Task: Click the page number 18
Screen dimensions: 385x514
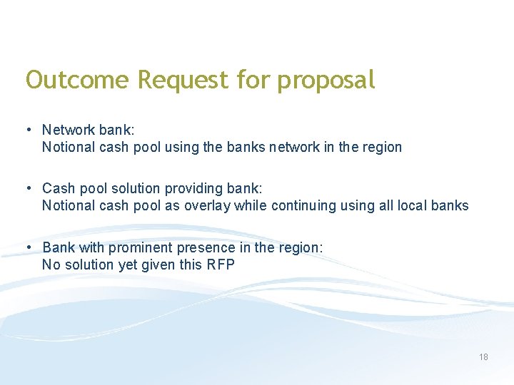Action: [483, 357]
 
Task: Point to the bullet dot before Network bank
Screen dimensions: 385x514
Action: [29, 130]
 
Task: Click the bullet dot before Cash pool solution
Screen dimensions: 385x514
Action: [29, 188]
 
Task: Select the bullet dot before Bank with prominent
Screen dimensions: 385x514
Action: [29, 247]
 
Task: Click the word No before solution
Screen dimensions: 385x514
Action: [51, 265]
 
